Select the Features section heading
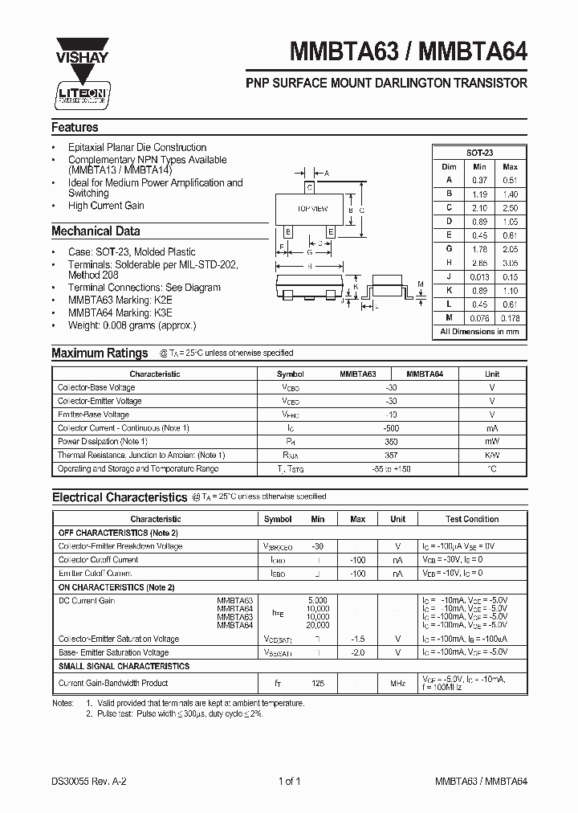click(75, 128)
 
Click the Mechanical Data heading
click(96, 231)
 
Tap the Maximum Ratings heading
click(100, 353)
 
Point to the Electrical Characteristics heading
click(119, 497)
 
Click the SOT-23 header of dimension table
click(479, 152)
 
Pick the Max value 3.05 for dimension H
click(510, 263)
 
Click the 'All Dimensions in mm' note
click(479, 331)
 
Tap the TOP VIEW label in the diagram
click(312, 209)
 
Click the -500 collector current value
click(392, 428)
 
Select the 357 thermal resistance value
click(392, 455)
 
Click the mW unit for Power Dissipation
click(491, 442)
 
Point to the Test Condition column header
click(472, 519)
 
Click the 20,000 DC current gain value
click(317, 624)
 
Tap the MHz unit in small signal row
click(397, 683)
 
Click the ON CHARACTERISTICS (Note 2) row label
click(116, 587)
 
